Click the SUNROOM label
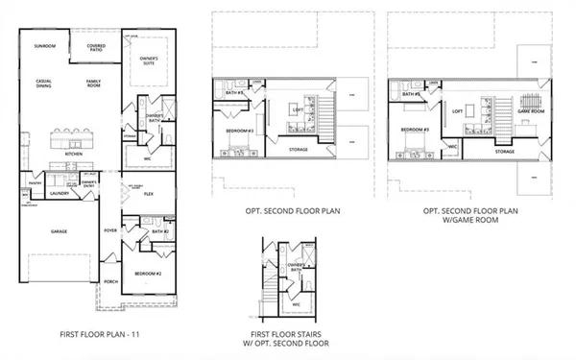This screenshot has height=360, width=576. click(44, 46)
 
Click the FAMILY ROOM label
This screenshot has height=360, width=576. click(94, 84)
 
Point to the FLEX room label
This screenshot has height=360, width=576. click(150, 193)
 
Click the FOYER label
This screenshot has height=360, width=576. click(111, 230)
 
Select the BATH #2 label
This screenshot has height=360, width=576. click(159, 231)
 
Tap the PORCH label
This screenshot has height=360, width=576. click(110, 282)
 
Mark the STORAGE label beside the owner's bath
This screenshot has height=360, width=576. click(130, 135)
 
